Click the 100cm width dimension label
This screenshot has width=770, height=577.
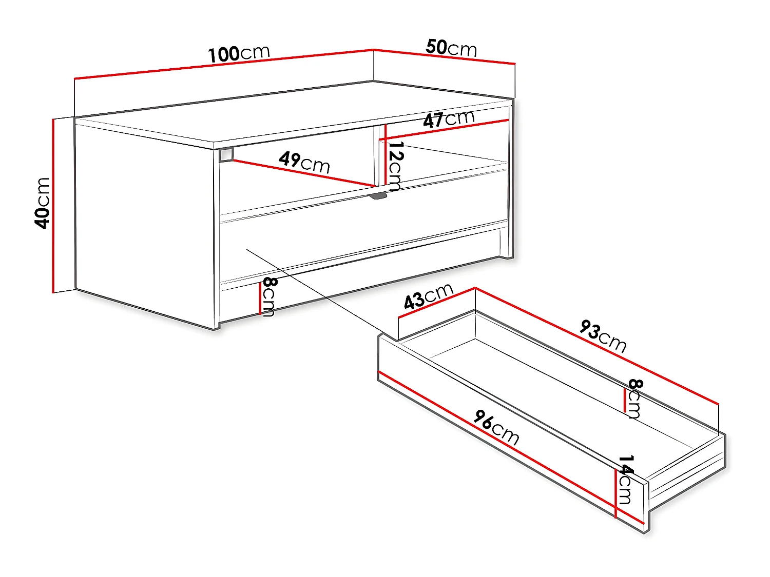[239, 53]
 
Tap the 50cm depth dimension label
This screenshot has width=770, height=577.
[451, 48]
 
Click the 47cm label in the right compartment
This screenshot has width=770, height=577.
[449, 119]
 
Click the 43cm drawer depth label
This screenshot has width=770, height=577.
[429, 296]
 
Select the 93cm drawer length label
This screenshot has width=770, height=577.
[603, 336]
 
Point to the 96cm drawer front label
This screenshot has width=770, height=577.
[496, 427]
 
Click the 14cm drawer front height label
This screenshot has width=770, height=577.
[625, 480]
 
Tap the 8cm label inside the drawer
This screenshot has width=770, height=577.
[635, 399]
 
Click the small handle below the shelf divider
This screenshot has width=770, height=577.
[379, 195]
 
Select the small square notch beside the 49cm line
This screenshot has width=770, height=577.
[226, 155]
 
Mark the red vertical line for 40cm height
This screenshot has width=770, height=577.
[53, 205]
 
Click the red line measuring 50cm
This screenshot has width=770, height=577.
[444, 56]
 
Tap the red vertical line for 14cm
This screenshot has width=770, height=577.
[615, 492]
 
